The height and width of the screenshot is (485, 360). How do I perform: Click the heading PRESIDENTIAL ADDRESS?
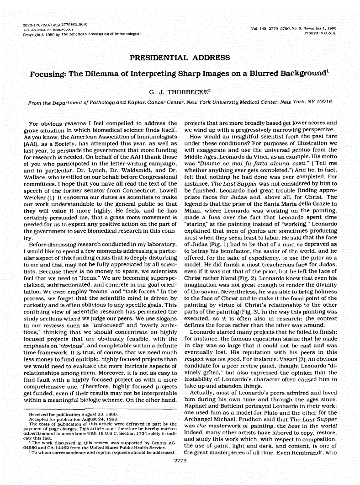(x=180, y=58)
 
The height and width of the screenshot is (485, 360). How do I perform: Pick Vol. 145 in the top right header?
(x=261, y=29)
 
